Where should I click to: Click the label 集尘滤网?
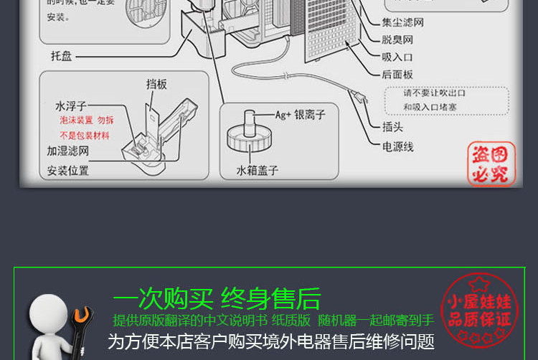(402, 22)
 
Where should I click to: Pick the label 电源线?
(397, 146)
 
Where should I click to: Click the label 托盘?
(61, 55)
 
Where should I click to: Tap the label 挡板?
(156, 84)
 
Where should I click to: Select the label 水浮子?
(71, 105)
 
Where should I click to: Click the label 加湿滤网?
(68, 151)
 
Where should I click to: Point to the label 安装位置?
(68, 171)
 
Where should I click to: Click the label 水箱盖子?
(257, 171)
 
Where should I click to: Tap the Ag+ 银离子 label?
(301, 114)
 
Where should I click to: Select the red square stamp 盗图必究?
(491, 164)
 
